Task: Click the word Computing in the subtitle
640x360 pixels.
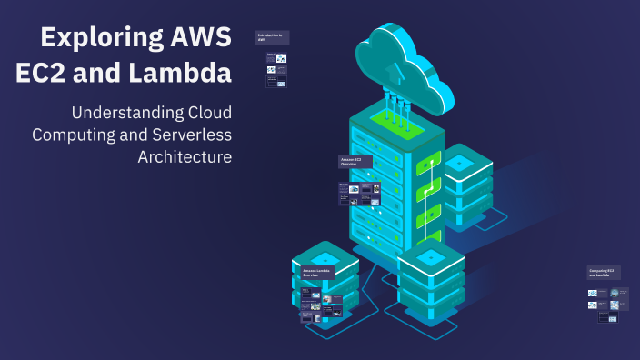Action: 72,135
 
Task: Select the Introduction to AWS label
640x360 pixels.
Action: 272,38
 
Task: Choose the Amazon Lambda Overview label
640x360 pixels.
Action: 317,273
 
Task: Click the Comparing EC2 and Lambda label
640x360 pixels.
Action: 603,272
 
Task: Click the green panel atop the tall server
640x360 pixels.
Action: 396,123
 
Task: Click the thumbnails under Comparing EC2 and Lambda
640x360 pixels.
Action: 608,305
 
